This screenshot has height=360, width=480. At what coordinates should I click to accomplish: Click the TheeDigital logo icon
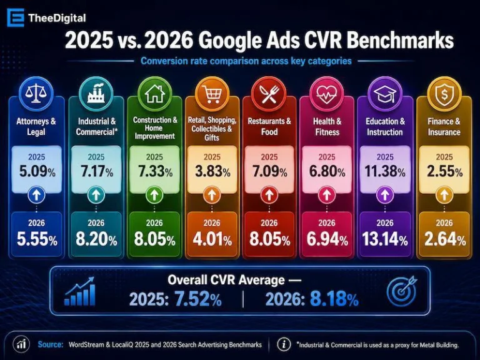pos(15,17)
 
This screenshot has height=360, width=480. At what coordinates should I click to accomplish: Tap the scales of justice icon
pos(36,93)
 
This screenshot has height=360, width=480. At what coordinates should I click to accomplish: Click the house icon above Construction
pos(154,93)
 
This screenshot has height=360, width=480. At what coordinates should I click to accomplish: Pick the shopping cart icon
pos(212,93)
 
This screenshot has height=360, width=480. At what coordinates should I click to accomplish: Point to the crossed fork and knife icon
pos(269,94)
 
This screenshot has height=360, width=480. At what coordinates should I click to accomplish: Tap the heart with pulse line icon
pos(327,93)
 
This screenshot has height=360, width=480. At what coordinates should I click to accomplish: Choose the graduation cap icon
pos(385,93)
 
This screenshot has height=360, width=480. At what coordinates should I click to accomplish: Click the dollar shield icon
pos(444,94)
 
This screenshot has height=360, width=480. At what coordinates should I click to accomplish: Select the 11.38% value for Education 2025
pos(385,171)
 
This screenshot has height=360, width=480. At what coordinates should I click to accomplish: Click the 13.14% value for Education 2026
pos(385,239)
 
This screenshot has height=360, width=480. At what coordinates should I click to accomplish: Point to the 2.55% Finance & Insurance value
pos(444,171)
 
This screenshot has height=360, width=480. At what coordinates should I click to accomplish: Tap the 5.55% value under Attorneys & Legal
pos(37,239)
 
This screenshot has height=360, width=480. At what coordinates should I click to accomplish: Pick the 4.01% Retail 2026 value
pos(212,239)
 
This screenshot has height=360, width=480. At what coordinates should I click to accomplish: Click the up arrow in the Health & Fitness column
pos(327,195)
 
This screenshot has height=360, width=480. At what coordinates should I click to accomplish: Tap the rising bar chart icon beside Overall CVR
pos(80,291)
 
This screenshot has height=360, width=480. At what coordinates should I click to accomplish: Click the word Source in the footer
pos(51,344)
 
